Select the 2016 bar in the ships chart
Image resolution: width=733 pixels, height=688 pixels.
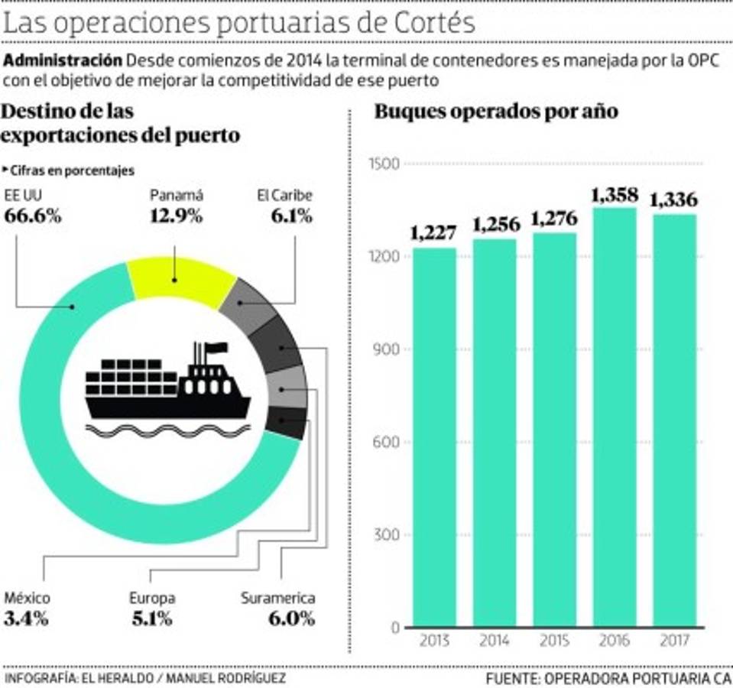[x=615, y=417]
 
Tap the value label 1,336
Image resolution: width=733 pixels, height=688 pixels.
[x=673, y=200]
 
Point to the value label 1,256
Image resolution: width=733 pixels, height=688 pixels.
[x=496, y=225]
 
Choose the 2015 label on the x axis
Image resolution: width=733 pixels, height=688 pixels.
[x=555, y=641]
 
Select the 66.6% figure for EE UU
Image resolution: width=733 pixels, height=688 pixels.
[x=33, y=216]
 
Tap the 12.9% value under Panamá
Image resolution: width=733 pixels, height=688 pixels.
[x=177, y=216]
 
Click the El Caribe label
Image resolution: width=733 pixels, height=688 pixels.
[x=284, y=196]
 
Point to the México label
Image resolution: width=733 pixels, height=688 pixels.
[x=27, y=599]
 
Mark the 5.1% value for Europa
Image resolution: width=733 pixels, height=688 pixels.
[x=151, y=618]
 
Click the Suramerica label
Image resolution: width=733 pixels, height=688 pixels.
[x=277, y=599]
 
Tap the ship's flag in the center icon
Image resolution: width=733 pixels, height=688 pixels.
[x=216, y=348]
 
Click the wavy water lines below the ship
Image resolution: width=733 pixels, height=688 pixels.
[x=167, y=430]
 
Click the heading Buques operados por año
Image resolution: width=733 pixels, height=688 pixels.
[x=495, y=112]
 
